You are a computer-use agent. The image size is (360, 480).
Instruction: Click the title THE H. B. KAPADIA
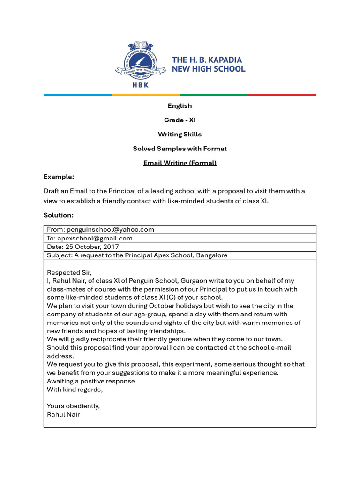[x=207, y=60]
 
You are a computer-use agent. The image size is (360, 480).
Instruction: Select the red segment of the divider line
[x=282, y=95]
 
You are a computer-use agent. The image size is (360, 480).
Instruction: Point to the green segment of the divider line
[x=214, y=95]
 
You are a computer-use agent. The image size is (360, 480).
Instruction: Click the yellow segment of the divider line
[x=146, y=95]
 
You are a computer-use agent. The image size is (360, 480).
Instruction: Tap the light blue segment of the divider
[x=78, y=95]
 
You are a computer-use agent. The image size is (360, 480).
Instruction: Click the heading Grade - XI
[x=180, y=120]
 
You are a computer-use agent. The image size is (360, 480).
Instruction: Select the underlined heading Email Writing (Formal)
[x=180, y=163]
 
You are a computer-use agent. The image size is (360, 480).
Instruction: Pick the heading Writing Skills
[x=180, y=135]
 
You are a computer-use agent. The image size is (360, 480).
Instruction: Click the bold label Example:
[x=59, y=177]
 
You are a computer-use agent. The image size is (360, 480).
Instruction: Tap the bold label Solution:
[x=59, y=215]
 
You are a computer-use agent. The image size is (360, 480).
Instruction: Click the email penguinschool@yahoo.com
[x=110, y=230]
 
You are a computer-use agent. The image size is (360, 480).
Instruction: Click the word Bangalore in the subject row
[x=211, y=255]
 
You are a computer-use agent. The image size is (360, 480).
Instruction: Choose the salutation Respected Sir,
[x=69, y=272]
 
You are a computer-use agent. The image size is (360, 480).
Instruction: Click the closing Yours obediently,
[x=73, y=406]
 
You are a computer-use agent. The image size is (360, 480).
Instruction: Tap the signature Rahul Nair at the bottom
[x=63, y=414]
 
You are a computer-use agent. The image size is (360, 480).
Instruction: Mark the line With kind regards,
[x=75, y=390]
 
